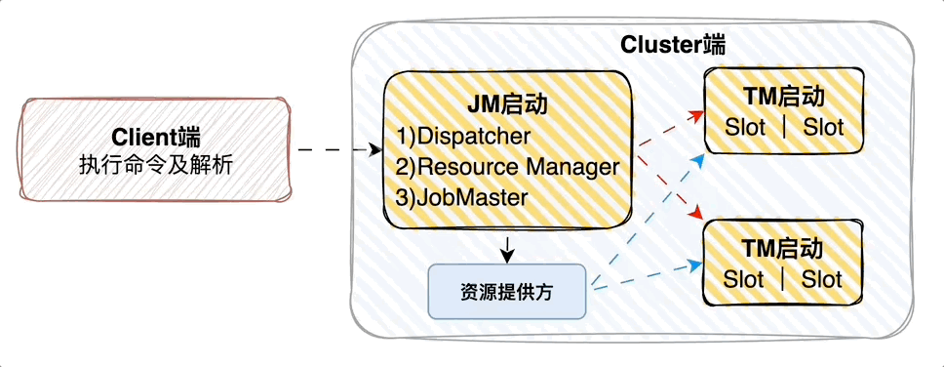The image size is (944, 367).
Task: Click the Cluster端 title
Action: [673, 45]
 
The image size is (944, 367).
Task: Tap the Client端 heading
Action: [155, 138]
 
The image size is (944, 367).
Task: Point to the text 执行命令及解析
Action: [155, 165]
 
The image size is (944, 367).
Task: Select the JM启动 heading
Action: [507, 104]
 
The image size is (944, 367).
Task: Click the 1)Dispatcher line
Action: [463, 136]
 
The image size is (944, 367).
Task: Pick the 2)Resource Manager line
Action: [507, 166]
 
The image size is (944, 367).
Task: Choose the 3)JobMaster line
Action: [462, 198]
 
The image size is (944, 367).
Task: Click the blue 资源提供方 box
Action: [507, 291]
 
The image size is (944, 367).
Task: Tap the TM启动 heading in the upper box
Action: [783, 97]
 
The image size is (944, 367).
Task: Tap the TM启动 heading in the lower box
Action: [782, 249]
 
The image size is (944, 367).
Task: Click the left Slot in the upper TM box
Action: [745, 127]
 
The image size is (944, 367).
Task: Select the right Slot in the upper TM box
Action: [823, 127]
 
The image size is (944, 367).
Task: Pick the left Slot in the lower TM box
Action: [743, 279]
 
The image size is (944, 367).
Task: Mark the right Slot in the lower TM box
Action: [821, 279]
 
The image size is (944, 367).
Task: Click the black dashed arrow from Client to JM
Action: [340, 148]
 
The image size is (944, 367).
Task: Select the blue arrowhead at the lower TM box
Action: [696, 265]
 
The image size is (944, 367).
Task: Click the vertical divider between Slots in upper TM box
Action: [784, 127]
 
